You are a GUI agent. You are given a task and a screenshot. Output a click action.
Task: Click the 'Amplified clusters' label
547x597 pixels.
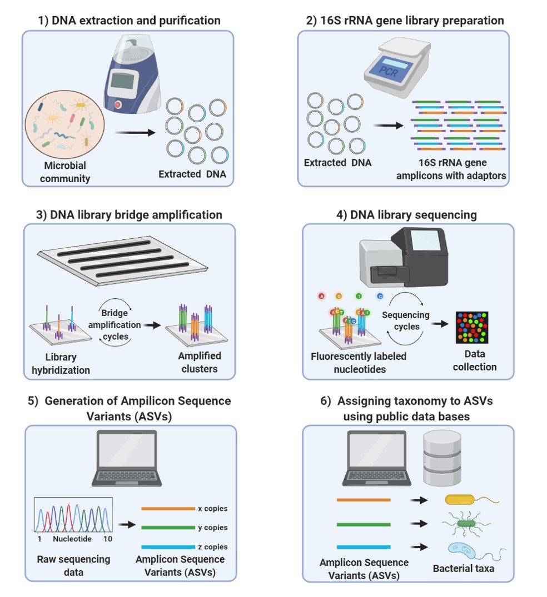[x=200, y=362]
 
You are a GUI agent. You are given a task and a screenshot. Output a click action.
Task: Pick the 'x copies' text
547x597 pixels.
[x=213, y=509]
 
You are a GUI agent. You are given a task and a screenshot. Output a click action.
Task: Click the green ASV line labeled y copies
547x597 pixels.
[x=168, y=528]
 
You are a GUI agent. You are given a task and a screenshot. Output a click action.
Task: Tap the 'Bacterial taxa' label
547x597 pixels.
[x=464, y=569]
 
